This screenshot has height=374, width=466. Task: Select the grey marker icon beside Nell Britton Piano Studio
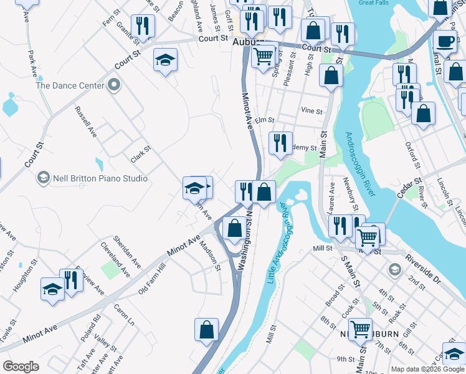pyautogui.click(x=43, y=178)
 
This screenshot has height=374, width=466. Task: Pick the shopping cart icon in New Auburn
pyautogui.click(x=360, y=328)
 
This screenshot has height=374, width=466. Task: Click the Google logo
pyautogui.click(x=21, y=367)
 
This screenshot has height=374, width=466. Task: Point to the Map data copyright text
pyautogui.click(x=427, y=369)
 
